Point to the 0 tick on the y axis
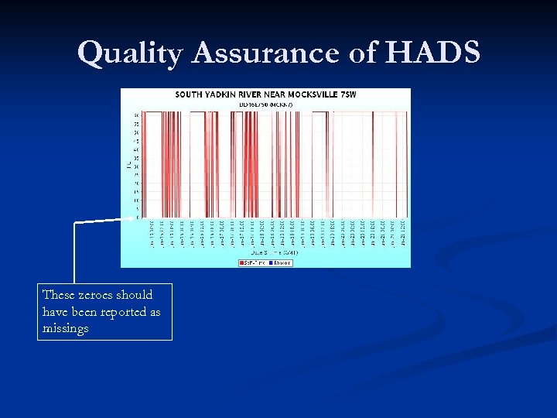pos(138,218)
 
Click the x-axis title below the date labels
pos(274,252)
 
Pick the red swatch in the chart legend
pos(241,262)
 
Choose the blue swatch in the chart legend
pos(271,262)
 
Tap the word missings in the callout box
pos(66,328)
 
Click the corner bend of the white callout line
pos(74,223)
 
